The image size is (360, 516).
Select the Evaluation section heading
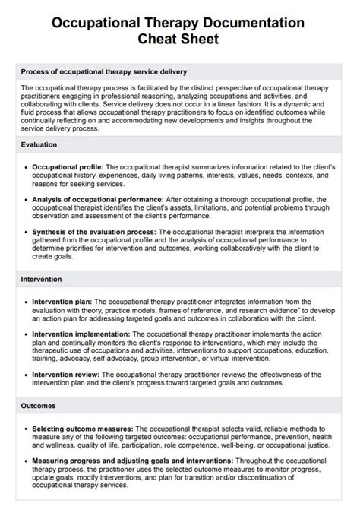(39, 143)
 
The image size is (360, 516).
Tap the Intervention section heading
(41, 279)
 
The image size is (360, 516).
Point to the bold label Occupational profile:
(68, 166)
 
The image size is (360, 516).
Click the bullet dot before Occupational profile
(27, 166)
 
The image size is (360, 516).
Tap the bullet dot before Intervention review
(27, 374)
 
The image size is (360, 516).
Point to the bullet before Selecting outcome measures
(27, 429)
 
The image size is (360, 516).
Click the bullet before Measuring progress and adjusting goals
(27, 461)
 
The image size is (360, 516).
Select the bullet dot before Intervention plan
(27, 302)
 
